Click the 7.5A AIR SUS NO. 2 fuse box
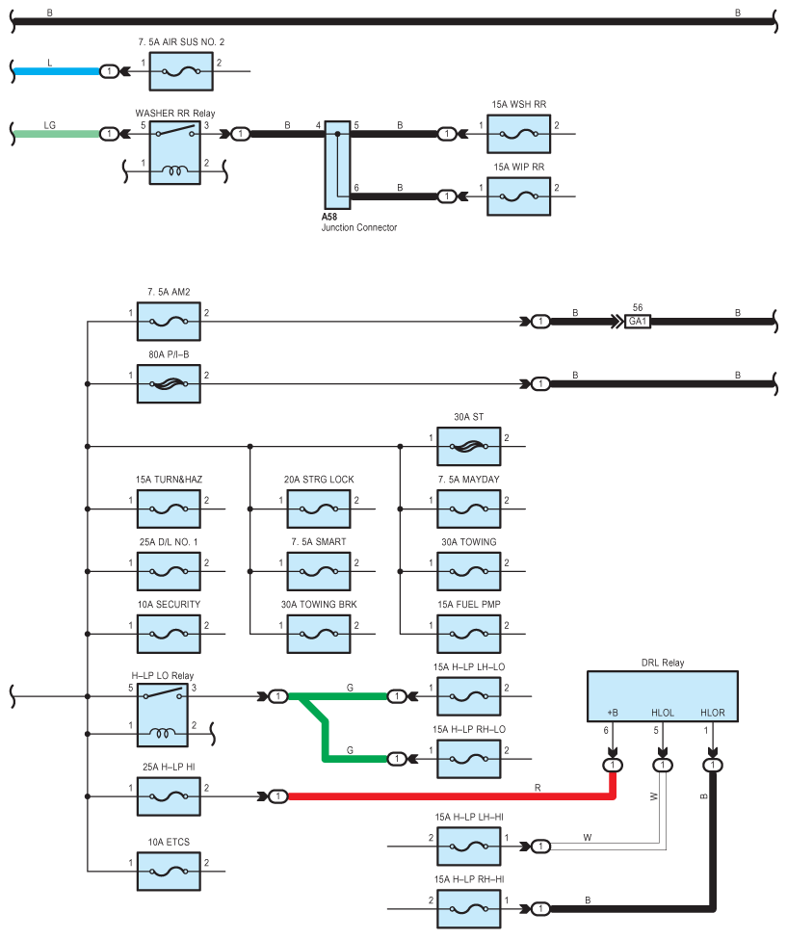pos(181,71)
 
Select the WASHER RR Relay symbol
pos(174,152)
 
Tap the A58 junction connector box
pos(337,165)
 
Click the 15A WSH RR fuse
pos(519,134)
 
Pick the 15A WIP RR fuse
pos(519,196)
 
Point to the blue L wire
pos(57,71)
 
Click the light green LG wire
pos(57,134)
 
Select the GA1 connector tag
pos(638,322)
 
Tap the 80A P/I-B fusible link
pos(169,384)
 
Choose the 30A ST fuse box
pos(468,446)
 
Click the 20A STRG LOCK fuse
pos(319,509)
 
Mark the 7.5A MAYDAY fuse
pos(468,509)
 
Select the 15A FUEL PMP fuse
pos(468,634)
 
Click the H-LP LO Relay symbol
pos(163,715)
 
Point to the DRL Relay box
pos(663,696)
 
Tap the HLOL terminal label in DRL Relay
pos(663,713)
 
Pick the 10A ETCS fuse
pos(169,871)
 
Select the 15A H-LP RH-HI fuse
pos(468,909)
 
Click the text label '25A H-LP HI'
pos(169,767)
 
